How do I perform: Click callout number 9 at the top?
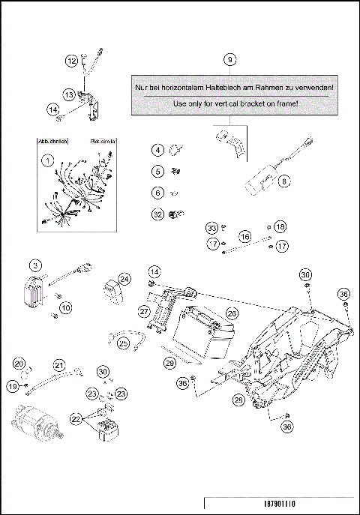[x=230, y=58]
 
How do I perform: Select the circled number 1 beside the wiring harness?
[x=47, y=160]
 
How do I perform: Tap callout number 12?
[x=71, y=61]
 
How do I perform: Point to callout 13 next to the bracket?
[x=68, y=95]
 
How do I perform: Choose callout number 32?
[x=157, y=214]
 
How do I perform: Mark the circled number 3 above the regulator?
[x=34, y=265]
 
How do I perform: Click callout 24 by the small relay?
[x=124, y=279]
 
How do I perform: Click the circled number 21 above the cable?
[x=58, y=365]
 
